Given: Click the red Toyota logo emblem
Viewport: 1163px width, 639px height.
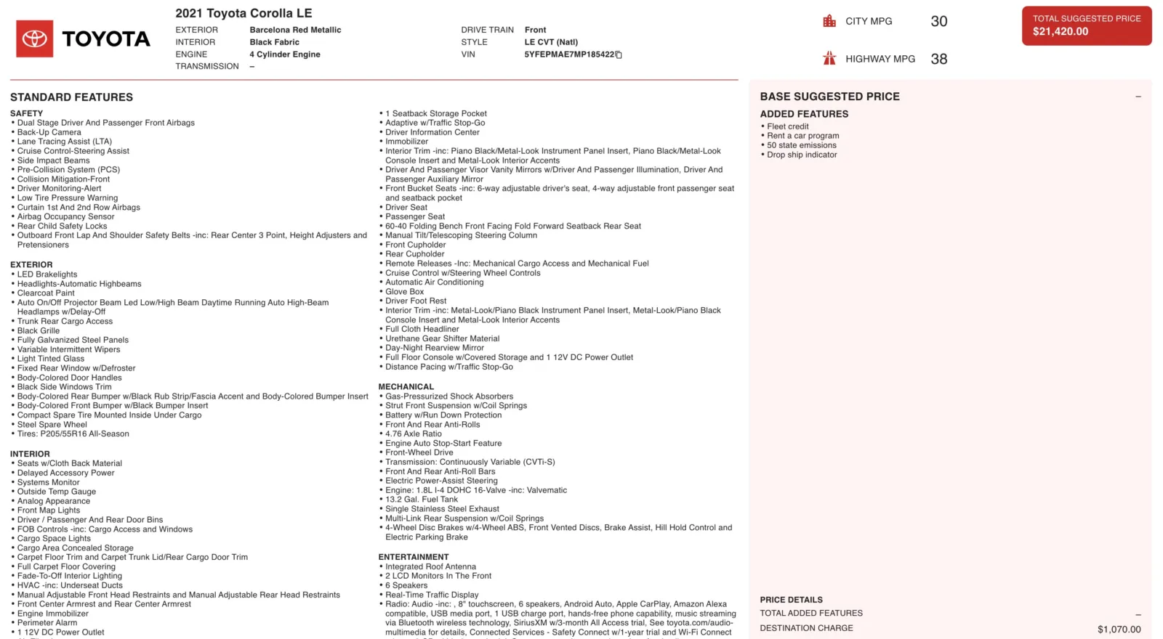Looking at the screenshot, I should tap(34, 38).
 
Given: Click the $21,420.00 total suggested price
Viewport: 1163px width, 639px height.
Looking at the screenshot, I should tap(1061, 31).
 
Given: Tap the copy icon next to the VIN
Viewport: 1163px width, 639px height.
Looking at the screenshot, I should tap(619, 54).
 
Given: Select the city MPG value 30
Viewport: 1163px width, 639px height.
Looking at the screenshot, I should tap(938, 22).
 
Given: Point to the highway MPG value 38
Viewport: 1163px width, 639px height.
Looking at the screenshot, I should tap(938, 59).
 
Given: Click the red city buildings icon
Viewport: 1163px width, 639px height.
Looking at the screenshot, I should tap(829, 21).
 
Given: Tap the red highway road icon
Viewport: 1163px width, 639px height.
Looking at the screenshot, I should tap(829, 59).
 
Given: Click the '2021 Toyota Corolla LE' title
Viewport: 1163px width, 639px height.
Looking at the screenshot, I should tap(244, 13).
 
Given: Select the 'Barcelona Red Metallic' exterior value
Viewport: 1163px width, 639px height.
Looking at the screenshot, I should tap(295, 30).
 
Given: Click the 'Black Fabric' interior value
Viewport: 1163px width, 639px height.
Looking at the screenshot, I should tap(274, 42).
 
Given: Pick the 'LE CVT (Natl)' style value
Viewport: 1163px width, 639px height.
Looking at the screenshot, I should tap(551, 42).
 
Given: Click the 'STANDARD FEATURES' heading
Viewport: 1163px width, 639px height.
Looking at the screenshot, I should tap(71, 97).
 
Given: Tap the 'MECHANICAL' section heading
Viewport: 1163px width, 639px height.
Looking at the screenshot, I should tap(406, 387).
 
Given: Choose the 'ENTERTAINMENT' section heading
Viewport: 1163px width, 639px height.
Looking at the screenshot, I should tap(414, 558).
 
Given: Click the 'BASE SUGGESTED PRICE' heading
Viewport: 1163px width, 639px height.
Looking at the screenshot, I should tap(829, 97).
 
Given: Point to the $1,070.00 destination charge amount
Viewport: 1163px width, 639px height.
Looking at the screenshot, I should tap(1119, 630).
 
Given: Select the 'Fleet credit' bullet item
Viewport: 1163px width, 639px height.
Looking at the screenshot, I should tap(787, 126).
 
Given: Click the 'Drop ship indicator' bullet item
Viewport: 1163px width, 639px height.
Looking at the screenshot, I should tap(802, 155).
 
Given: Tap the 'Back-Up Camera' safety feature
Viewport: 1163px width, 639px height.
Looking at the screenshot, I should tap(49, 132).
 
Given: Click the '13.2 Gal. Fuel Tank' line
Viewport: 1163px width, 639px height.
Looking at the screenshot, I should tap(422, 500).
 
